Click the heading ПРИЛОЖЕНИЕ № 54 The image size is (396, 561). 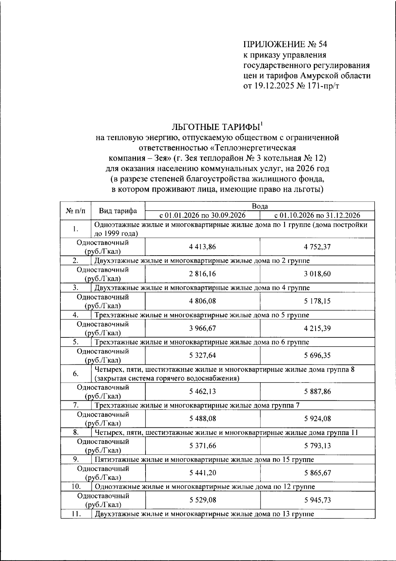pyautogui.click(x=285, y=45)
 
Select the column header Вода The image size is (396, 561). pyautogui.click(x=260, y=206)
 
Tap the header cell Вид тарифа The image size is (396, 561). pyautogui.click(x=118, y=211)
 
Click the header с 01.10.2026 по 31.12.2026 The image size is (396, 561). pyautogui.click(x=317, y=215)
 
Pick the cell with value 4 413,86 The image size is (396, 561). pyautogui.click(x=203, y=247)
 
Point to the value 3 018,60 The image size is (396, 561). pyautogui.click(x=317, y=274)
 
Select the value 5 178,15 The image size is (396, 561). pyautogui.click(x=317, y=301)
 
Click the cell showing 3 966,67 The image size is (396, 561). pyautogui.click(x=203, y=328)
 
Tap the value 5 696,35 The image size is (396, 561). pyautogui.click(x=317, y=356)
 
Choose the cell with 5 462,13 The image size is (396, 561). pyautogui.click(x=203, y=391)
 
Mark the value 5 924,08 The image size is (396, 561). pyautogui.click(x=317, y=419)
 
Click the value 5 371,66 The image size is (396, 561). pyautogui.click(x=203, y=446)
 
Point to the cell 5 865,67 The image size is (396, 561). pyautogui.click(x=317, y=473)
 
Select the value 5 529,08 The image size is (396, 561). pyautogui.click(x=203, y=500)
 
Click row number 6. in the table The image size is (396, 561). pyautogui.click(x=76, y=374)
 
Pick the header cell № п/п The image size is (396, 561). pyautogui.click(x=76, y=211)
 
